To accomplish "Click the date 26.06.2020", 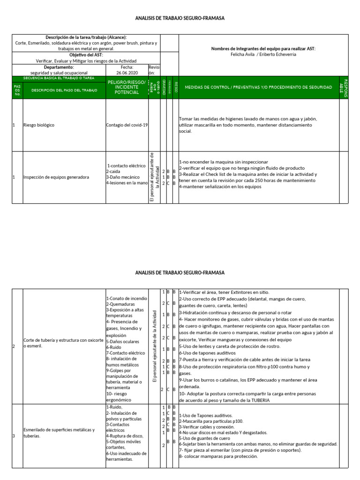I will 127,73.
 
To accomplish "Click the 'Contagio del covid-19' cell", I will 127,125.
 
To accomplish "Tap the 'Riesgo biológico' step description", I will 39,125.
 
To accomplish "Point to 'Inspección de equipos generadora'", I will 56,177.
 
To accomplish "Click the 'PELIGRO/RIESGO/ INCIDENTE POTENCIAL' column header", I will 127,87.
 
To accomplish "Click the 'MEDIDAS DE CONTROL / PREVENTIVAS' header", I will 259,88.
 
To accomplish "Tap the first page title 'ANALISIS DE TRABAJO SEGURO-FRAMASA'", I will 180,18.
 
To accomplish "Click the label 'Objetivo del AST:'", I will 85,55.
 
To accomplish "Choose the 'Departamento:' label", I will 59,67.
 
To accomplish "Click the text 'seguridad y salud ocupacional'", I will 59,73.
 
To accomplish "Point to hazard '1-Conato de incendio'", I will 127,298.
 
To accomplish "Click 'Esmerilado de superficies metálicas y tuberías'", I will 59,432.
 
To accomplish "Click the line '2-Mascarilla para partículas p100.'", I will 211,421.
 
